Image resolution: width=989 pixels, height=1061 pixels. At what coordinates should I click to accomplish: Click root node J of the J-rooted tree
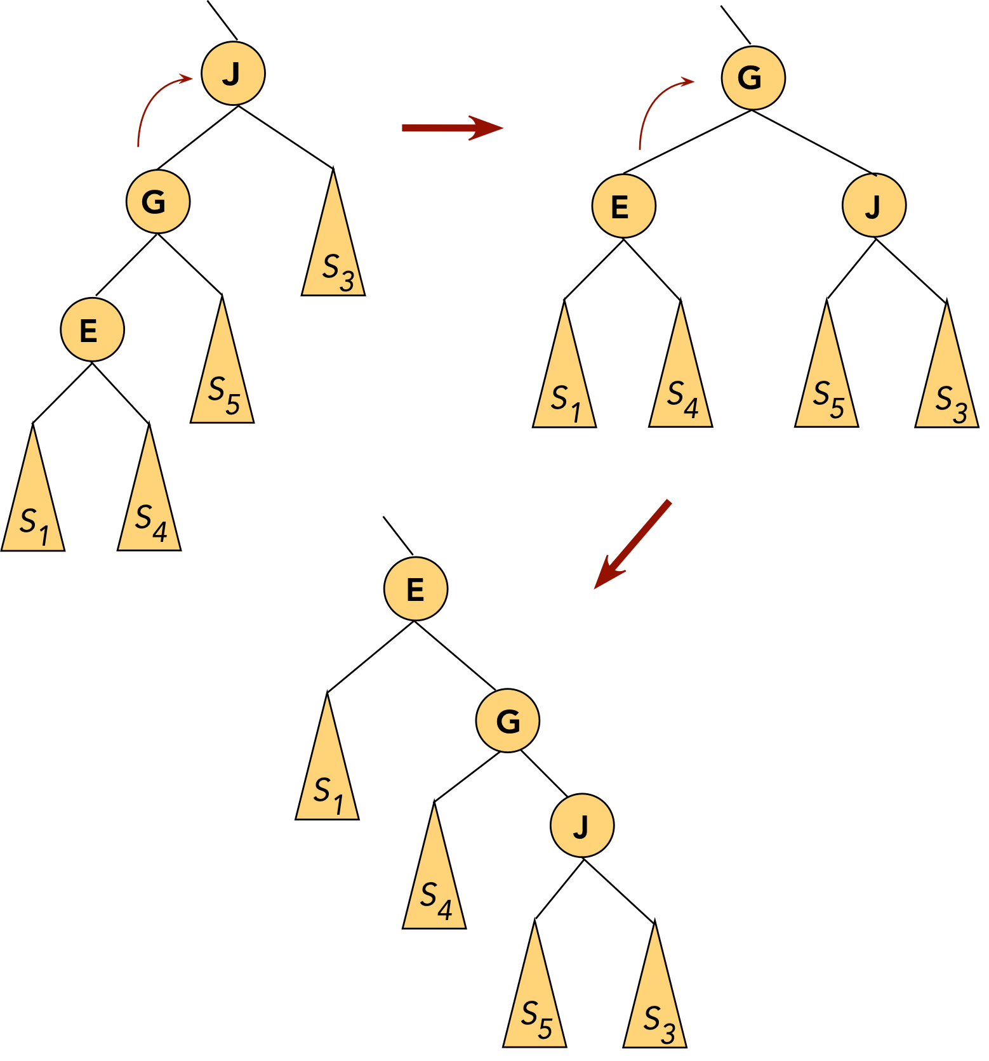[233, 74]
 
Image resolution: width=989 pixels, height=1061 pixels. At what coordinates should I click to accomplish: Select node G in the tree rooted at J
[157, 202]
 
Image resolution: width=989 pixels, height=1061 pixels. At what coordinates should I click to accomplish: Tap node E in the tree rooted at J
[92, 331]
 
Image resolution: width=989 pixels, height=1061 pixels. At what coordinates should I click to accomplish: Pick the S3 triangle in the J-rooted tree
[334, 254]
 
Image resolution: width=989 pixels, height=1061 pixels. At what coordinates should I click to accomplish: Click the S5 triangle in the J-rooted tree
[222, 381]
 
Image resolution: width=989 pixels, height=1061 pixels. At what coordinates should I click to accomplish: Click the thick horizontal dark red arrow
[451, 128]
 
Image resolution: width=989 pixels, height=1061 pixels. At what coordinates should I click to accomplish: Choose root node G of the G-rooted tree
[753, 78]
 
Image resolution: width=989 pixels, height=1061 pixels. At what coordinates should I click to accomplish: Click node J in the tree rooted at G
[874, 206]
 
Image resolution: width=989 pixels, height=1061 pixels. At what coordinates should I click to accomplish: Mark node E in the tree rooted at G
[623, 206]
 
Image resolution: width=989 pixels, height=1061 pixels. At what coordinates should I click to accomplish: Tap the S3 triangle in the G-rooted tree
[947, 387]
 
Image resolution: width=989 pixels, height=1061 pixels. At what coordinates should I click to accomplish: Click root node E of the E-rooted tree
[416, 589]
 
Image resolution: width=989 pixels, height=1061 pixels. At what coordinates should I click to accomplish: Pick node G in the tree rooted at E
[508, 721]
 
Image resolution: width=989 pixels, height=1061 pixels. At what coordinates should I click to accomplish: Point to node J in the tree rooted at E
[582, 826]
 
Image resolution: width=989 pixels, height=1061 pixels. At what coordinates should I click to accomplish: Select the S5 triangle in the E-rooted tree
[535, 1006]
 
